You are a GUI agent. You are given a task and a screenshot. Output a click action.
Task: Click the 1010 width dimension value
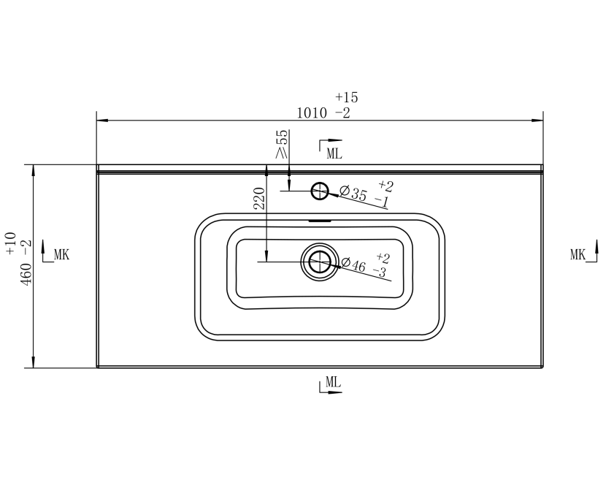tap(312, 113)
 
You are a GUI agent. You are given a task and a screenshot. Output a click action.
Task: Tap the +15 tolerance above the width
tap(347, 97)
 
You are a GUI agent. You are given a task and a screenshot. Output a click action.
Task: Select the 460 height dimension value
tap(26, 274)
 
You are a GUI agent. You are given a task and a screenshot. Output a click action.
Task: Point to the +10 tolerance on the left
tap(11, 243)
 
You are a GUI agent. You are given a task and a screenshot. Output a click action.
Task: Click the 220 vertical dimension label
tap(259, 199)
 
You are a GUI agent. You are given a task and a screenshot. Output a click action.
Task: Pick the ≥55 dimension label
tap(282, 144)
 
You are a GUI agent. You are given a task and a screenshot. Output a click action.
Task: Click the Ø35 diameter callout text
tap(353, 193)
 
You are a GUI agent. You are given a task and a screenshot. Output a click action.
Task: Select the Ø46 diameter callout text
tap(353, 264)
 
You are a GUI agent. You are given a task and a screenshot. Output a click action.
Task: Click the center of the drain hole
tap(320, 262)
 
